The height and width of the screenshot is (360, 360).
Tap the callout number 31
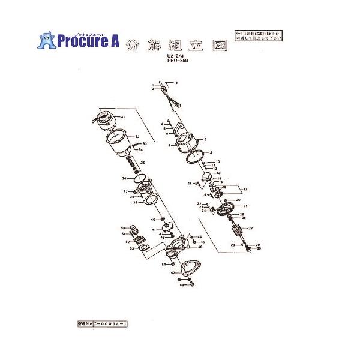[x=122, y=116]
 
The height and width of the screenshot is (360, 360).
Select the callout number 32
[x=137, y=137]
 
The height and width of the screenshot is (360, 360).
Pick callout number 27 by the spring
[x=251, y=229]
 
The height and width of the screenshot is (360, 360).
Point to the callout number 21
[x=245, y=206]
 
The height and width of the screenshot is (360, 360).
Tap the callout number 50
[x=122, y=228]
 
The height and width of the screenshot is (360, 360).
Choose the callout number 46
[x=200, y=247]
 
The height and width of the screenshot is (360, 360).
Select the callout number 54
[x=163, y=265]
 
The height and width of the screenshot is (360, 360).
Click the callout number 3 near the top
[x=176, y=82]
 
